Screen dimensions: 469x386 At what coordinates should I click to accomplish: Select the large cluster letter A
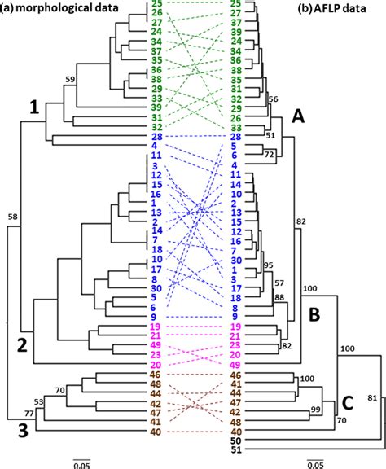298,117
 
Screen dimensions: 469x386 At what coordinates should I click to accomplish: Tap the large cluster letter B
314,313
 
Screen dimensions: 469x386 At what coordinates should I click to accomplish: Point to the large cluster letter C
346,401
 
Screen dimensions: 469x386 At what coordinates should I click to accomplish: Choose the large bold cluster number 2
24,344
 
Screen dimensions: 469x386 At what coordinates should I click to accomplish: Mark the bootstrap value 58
13,217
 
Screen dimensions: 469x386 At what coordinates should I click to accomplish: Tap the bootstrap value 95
270,265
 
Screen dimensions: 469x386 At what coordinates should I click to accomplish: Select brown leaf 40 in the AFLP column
236,430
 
